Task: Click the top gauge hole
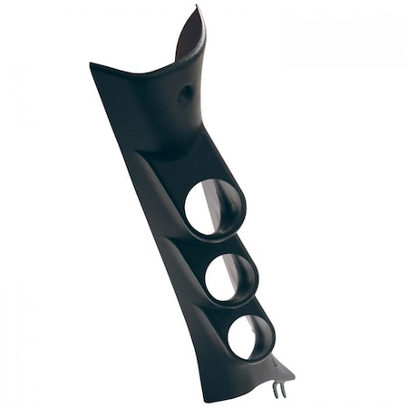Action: (x=214, y=208)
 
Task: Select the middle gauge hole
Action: (x=230, y=277)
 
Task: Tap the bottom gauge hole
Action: (x=250, y=336)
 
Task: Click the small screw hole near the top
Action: (x=185, y=93)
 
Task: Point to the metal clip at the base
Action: (x=280, y=388)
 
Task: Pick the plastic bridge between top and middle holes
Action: (x=222, y=243)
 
